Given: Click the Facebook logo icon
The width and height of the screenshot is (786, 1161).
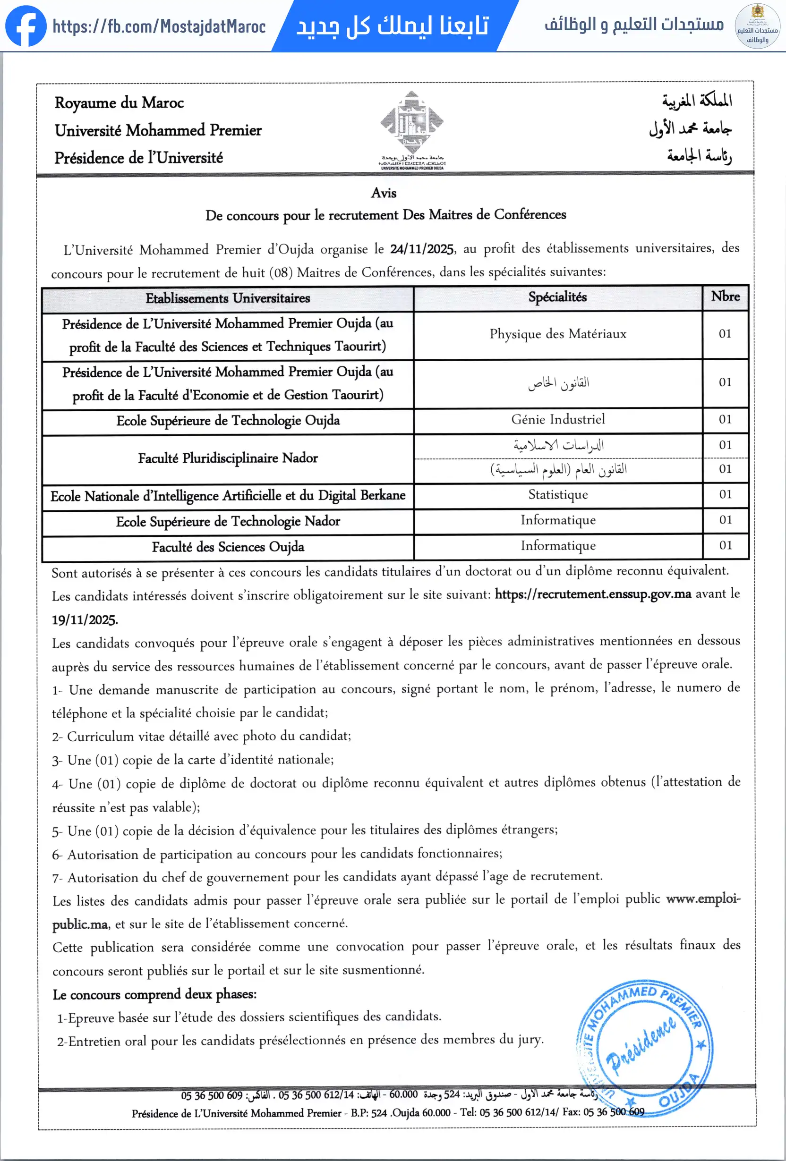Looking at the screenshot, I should coord(26,26).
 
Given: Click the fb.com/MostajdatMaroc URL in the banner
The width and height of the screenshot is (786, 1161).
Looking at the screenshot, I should coord(159,26).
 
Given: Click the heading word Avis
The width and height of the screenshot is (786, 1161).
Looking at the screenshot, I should coord(384,193).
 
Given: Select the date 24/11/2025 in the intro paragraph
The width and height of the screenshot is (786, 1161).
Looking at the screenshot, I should coord(422,249).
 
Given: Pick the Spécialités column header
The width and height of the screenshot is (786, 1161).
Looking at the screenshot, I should coord(558,297).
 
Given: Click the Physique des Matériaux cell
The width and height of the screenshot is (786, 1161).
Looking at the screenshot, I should coord(558,334).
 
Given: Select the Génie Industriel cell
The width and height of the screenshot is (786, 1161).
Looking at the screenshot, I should coord(558,419).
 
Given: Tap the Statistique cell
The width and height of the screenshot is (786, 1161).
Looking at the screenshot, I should coord(558,495).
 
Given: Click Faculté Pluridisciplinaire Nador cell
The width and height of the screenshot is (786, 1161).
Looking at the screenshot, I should coord(228,458).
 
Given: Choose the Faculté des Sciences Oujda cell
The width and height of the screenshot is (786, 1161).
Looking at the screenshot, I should coord(228,547).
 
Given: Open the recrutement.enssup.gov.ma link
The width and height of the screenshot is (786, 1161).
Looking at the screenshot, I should coord(593,594).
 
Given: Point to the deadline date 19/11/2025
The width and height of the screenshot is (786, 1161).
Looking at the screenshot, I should coord(85,620).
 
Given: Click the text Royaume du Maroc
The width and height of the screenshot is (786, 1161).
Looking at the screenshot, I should coord(120,103).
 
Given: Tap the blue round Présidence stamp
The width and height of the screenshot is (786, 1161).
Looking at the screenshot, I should coord(645,1048).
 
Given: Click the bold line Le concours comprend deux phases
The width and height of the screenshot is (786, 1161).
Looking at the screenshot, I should coord(154,994).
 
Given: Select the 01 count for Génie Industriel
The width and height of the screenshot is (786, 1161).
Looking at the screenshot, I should coord(725,419).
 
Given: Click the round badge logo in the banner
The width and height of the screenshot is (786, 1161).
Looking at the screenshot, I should coord(758,26).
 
